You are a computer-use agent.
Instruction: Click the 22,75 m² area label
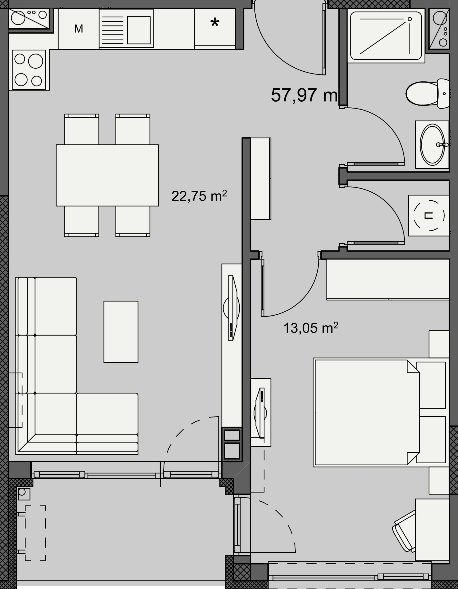(x=199, y=196)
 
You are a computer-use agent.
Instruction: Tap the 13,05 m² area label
(x=311, y=328)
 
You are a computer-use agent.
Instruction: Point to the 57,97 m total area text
(x=304, y=95)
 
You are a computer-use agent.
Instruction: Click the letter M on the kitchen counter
(x=79, y=29)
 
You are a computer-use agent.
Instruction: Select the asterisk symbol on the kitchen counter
(x=215, y=23)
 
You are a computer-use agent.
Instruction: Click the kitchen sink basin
(x=139, y=30)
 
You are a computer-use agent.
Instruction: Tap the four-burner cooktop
(x=29, y=70)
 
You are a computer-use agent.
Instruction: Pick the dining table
(x=107, y=175)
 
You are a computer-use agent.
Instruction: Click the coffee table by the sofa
(x=121, y=332)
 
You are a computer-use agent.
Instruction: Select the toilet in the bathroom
(x=428, y=94)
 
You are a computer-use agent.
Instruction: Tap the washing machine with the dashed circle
(x=429, y=215)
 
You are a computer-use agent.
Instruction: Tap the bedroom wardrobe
(x=388, y=280)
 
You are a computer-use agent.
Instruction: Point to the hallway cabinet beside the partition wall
(x=261, y=179)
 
